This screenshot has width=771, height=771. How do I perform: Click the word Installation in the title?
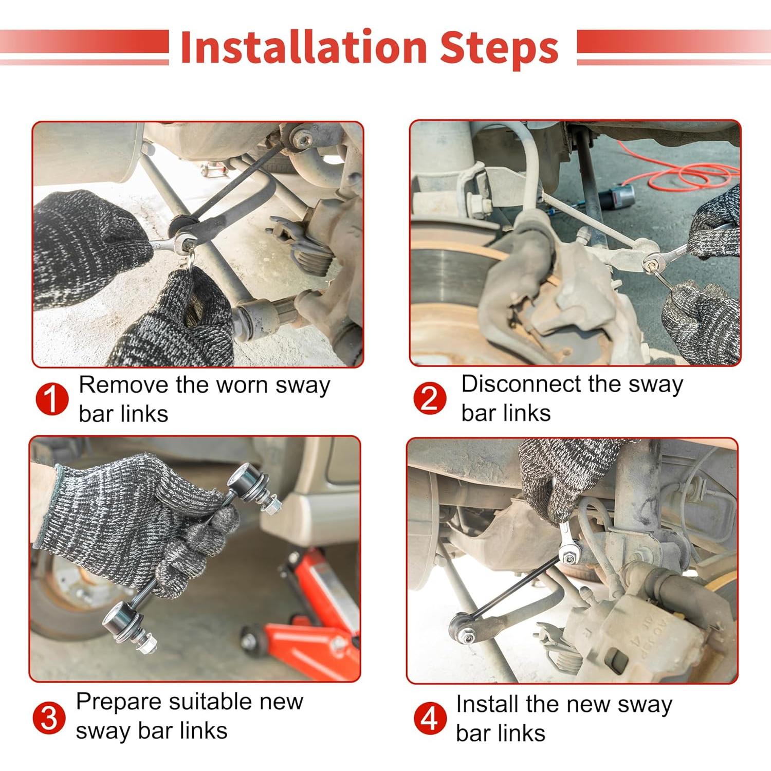point(304,47)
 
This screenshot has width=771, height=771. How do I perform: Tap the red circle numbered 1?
point(52,399)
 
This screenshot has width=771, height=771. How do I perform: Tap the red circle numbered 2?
point(430,398)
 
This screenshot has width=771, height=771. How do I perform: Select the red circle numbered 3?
point(49,718)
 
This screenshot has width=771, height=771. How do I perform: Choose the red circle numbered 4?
point(430,718)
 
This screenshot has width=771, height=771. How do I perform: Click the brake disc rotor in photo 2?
point(452,288)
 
